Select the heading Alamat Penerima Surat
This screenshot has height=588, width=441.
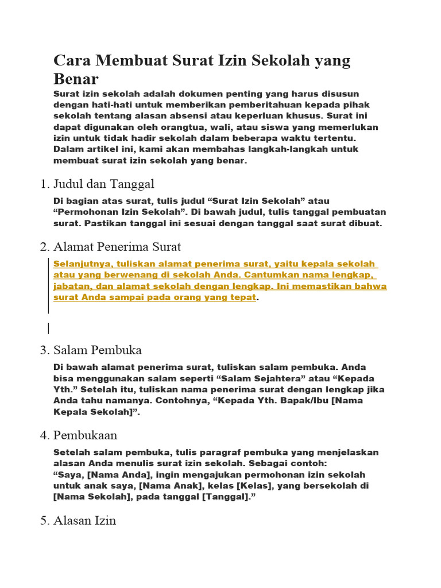click(117, 247)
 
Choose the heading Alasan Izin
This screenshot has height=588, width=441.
click(84, 521)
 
